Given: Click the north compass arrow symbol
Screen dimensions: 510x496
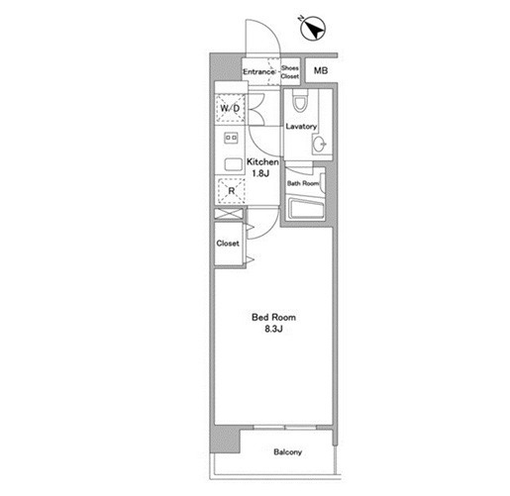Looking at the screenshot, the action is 313,29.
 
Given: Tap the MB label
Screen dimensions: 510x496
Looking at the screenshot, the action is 321,70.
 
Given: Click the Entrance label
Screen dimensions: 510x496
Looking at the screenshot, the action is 258,72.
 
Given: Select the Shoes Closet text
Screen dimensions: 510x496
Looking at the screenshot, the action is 290,72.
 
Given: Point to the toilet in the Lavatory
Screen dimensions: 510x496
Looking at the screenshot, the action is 300,100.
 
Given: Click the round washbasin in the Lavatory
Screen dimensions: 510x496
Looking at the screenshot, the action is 319,145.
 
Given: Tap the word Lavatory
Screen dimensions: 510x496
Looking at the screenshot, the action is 301,126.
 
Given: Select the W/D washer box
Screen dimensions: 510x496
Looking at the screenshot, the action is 230,108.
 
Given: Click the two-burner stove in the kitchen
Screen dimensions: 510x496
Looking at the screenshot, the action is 231,138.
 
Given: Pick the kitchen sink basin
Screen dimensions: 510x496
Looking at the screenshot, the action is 234,164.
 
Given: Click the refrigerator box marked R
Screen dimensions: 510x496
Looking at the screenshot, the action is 231,190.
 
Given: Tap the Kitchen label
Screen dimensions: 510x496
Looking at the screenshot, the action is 262,162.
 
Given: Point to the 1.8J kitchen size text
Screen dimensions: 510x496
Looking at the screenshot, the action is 260,173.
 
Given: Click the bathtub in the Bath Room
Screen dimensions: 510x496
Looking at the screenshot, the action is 306,208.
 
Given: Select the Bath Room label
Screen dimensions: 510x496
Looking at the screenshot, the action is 303,183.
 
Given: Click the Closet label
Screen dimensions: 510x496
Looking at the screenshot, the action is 228,244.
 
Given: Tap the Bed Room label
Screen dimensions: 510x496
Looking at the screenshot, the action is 273,318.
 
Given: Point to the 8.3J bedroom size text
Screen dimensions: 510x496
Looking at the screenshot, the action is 273,329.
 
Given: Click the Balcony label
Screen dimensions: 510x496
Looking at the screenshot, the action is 287,452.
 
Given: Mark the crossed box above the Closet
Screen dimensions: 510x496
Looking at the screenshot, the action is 229,214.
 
